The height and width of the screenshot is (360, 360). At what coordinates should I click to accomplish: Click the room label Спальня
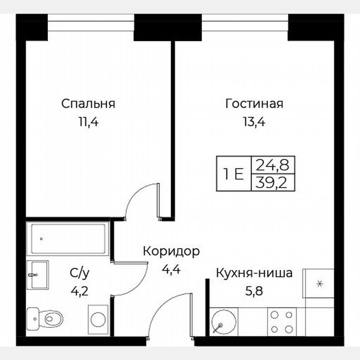pos(88,104)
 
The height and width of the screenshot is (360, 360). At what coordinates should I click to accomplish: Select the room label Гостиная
pos(254,104)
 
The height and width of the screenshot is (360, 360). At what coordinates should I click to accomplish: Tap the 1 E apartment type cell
pos(233,173)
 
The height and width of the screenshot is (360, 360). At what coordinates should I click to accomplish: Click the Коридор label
pos(171,252)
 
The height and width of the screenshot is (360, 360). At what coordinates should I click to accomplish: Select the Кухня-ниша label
pos(254,274)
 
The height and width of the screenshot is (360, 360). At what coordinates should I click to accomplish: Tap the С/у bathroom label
pos(79,274)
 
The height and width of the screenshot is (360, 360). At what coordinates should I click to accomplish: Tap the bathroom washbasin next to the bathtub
pos(38,275)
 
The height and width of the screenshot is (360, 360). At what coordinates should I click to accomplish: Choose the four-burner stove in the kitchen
pos(281,321)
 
